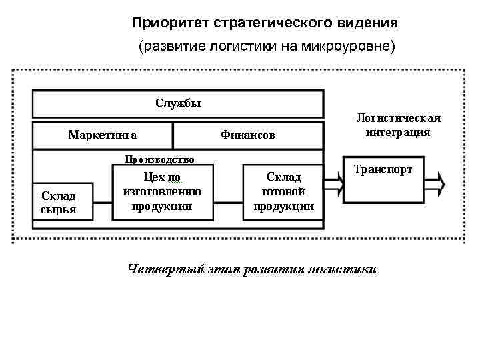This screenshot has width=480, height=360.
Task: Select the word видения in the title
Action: (369, 24)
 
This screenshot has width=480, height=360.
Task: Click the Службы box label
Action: (178, 103)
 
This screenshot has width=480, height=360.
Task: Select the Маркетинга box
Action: (103, 135)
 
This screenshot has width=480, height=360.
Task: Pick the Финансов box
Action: (248, 135)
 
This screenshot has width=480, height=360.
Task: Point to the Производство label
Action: (160, 159)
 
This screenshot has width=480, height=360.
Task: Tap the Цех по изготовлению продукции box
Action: (163, 192)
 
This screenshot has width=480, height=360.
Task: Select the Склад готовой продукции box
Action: (283, 192)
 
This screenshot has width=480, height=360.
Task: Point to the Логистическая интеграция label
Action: (398, 125)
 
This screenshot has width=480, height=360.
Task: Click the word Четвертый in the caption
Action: (161, 270)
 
